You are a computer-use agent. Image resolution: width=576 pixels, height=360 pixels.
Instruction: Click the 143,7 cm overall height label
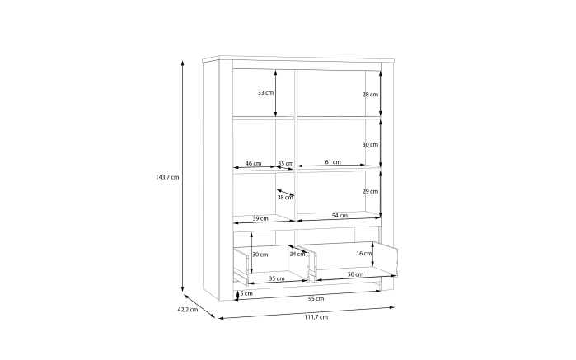tap(167, 177)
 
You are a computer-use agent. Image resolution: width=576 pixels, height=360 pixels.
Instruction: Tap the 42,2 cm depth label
tap(188, 309)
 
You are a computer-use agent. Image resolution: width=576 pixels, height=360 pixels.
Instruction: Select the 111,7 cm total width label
tap(316, 317)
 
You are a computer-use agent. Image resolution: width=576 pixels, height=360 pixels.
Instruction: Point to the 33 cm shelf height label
tap(265, 92)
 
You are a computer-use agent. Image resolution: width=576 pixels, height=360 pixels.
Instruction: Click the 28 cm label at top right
tap(370, 95)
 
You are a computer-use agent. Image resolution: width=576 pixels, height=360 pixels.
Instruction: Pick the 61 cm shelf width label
tap(333, 161)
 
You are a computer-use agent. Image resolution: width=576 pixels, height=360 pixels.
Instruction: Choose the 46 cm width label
tap(253, 163)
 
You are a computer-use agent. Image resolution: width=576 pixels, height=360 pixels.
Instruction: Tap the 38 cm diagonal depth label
tap(285, 197)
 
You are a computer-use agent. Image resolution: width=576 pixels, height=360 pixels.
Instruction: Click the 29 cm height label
tap(370, 191)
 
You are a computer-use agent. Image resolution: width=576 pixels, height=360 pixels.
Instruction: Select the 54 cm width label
tap(340, 215)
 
